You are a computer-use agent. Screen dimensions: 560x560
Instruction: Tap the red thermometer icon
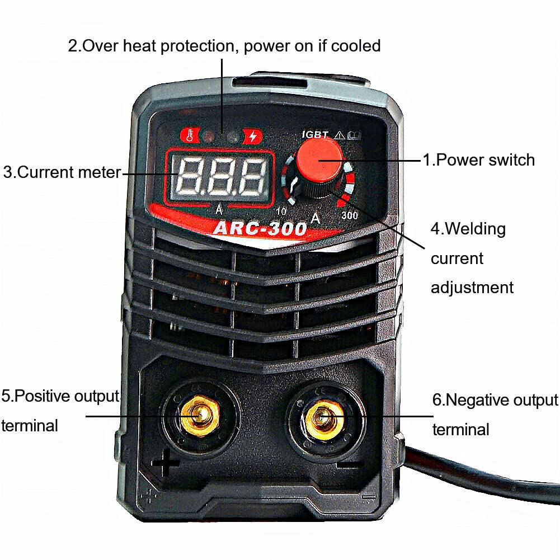[189, 135]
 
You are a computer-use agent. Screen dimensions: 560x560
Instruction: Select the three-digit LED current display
[219, 175]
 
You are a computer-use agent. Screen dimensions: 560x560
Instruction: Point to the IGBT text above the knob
[314, 134]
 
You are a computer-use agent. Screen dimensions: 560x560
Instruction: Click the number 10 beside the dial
[281, 211]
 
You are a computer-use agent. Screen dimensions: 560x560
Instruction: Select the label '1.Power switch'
[478, 160]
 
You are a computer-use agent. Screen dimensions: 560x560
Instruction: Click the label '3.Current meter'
[62, 172]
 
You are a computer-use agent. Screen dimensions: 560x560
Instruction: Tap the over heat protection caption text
[224, 45]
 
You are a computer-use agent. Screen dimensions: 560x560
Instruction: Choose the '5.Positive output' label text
[60, 397]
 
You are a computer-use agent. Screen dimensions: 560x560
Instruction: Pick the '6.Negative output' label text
[495, 401]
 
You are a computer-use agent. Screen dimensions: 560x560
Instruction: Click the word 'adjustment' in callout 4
[472, 288]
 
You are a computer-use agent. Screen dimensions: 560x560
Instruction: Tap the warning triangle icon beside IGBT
[338, 134]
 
